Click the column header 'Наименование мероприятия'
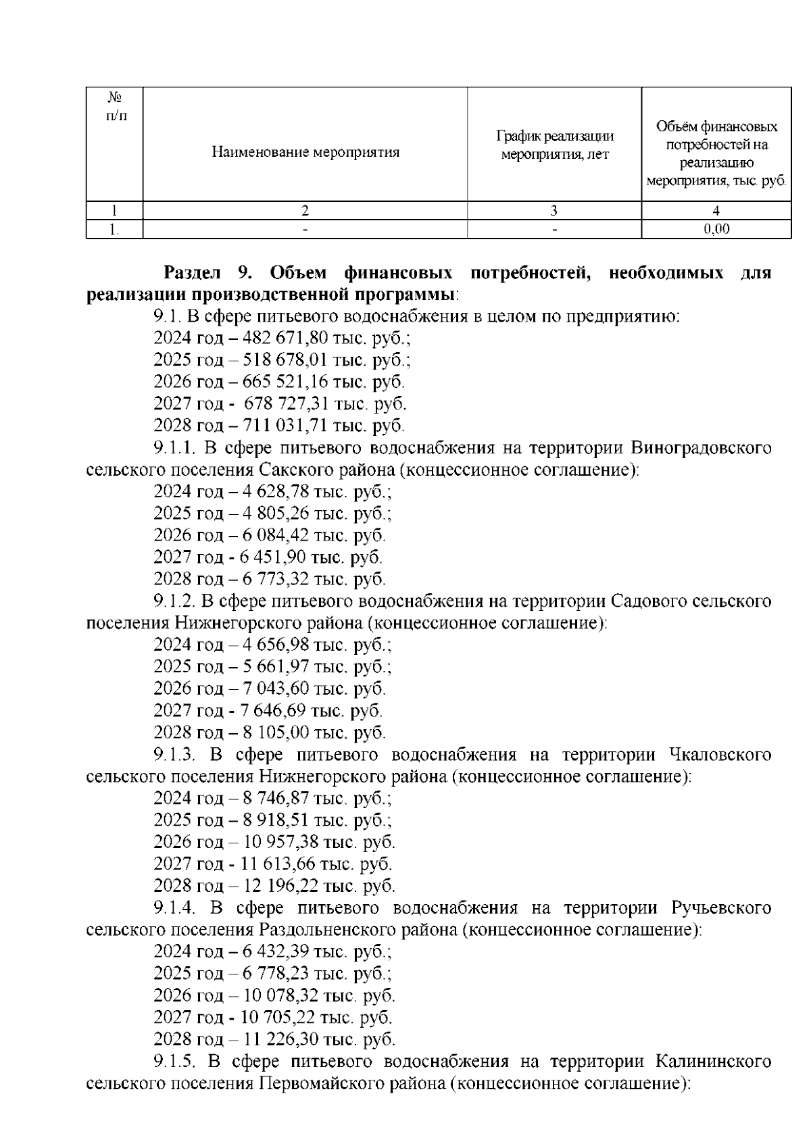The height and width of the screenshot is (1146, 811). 305,152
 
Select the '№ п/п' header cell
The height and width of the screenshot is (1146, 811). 115,106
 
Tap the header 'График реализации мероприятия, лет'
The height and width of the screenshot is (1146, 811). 554,145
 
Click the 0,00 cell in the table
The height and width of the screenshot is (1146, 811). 716,229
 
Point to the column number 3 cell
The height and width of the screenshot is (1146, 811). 554,210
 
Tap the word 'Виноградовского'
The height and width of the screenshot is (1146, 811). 701,448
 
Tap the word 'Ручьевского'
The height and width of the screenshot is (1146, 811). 721,907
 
